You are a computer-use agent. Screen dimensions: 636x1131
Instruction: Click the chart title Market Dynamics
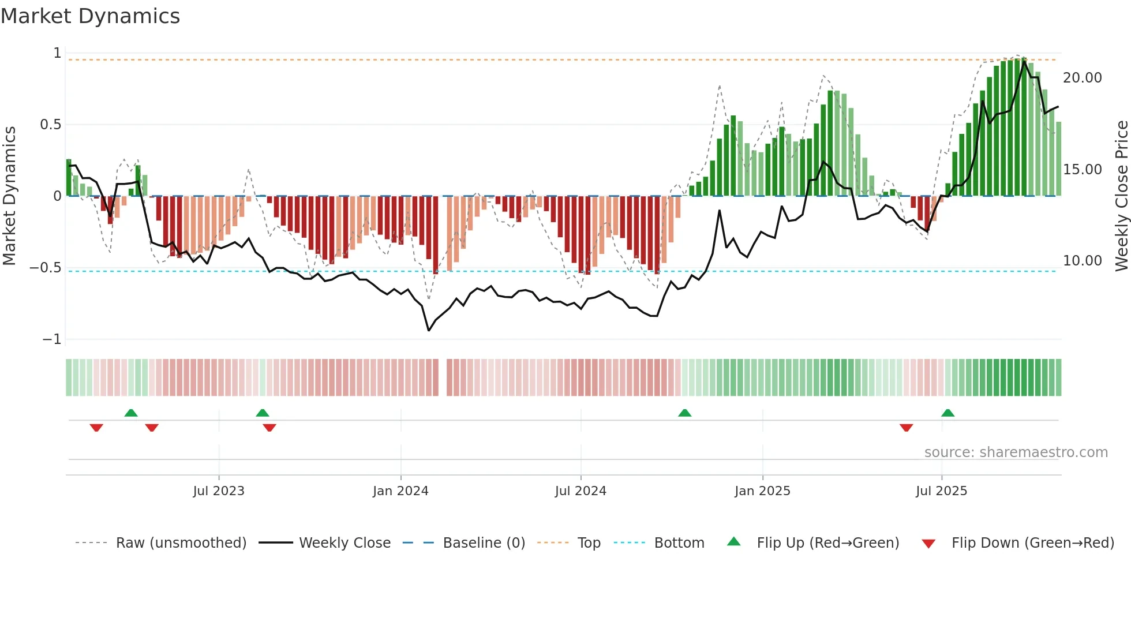pos(90,16)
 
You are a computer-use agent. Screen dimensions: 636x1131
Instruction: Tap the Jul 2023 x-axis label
pos(219,491)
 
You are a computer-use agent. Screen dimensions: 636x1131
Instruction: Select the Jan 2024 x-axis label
pos(400,491)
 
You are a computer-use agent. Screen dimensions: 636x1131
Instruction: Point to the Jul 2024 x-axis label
pos(581,491)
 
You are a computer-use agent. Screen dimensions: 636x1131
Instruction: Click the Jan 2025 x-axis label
pos(762,491)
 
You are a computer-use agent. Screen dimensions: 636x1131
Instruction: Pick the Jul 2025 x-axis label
pos(941,491)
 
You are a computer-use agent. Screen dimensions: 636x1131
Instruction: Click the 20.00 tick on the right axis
pos(1082,78)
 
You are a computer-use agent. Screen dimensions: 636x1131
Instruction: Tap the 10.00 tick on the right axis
pos(1082,261)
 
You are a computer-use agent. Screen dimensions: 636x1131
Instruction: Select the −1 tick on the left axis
pos(52,339)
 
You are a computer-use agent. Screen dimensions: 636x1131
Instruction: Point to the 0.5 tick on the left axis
pos(51,125)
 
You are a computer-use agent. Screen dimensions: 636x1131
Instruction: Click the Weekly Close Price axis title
pos(1121,196)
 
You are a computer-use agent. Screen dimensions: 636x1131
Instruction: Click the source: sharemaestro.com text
pos(1016,452)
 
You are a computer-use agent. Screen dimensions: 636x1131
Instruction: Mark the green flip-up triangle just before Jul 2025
pos(948,413)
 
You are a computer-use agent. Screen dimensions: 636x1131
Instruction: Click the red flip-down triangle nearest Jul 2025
pos(906,428)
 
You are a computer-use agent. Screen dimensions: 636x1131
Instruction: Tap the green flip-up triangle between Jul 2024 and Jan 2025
pos(684,413)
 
